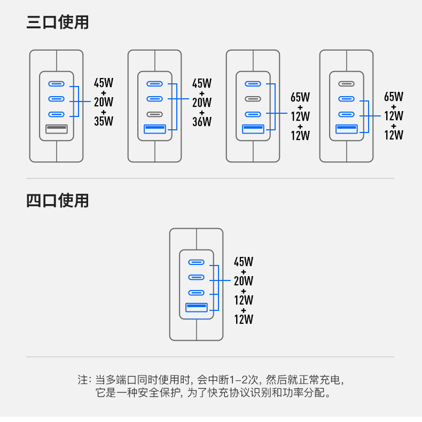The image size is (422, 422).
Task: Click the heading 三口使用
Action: [58, 22]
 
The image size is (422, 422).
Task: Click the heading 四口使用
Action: [58, 201]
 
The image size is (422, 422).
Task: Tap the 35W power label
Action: [104, 121]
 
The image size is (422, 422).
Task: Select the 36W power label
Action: [202, 121]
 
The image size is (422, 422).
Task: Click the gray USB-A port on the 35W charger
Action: [56, 128]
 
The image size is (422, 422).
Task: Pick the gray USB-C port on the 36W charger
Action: [154, 114]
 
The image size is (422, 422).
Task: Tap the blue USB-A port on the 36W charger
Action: [154, 128]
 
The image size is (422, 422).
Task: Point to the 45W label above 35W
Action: [104, 83]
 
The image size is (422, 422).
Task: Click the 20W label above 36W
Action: [202, 102]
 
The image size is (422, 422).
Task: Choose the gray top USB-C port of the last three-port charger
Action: [346, 83]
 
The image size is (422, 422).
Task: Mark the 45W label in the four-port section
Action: [244, 262]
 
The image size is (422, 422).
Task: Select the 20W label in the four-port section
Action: [244, 281]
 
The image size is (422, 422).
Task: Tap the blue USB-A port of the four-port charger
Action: [196, 307]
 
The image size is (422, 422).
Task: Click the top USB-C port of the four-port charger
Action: [196, 262]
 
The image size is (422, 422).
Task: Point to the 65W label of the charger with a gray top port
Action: [394, 97]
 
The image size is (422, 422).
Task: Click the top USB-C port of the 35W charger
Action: [56, 84]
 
